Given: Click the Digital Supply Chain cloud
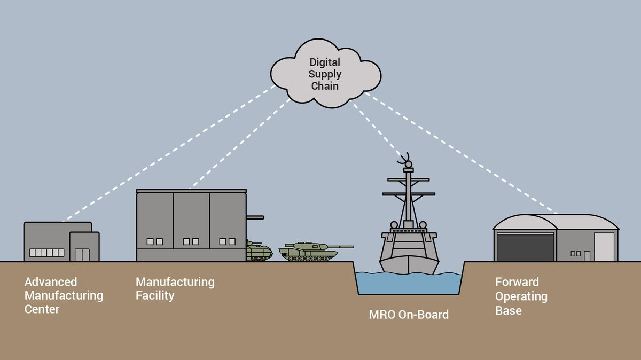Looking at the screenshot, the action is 326,74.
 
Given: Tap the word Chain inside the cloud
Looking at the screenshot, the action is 325,86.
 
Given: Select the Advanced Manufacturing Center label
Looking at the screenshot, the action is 64,295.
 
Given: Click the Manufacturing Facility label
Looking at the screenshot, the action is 175,289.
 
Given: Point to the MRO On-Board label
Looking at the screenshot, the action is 409,315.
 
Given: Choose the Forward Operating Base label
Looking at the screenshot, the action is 521,296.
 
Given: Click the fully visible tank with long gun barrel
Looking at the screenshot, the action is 316,252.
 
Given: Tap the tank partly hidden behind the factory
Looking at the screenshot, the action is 259,251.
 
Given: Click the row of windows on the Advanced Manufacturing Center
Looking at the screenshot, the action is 46,253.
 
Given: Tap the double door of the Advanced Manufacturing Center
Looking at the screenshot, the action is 82,255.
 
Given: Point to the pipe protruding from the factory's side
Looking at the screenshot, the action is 255,217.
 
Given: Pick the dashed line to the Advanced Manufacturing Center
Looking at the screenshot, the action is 169,153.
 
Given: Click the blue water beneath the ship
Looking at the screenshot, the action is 409,284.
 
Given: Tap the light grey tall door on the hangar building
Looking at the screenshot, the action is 604,247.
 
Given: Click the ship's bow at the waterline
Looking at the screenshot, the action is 409,273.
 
